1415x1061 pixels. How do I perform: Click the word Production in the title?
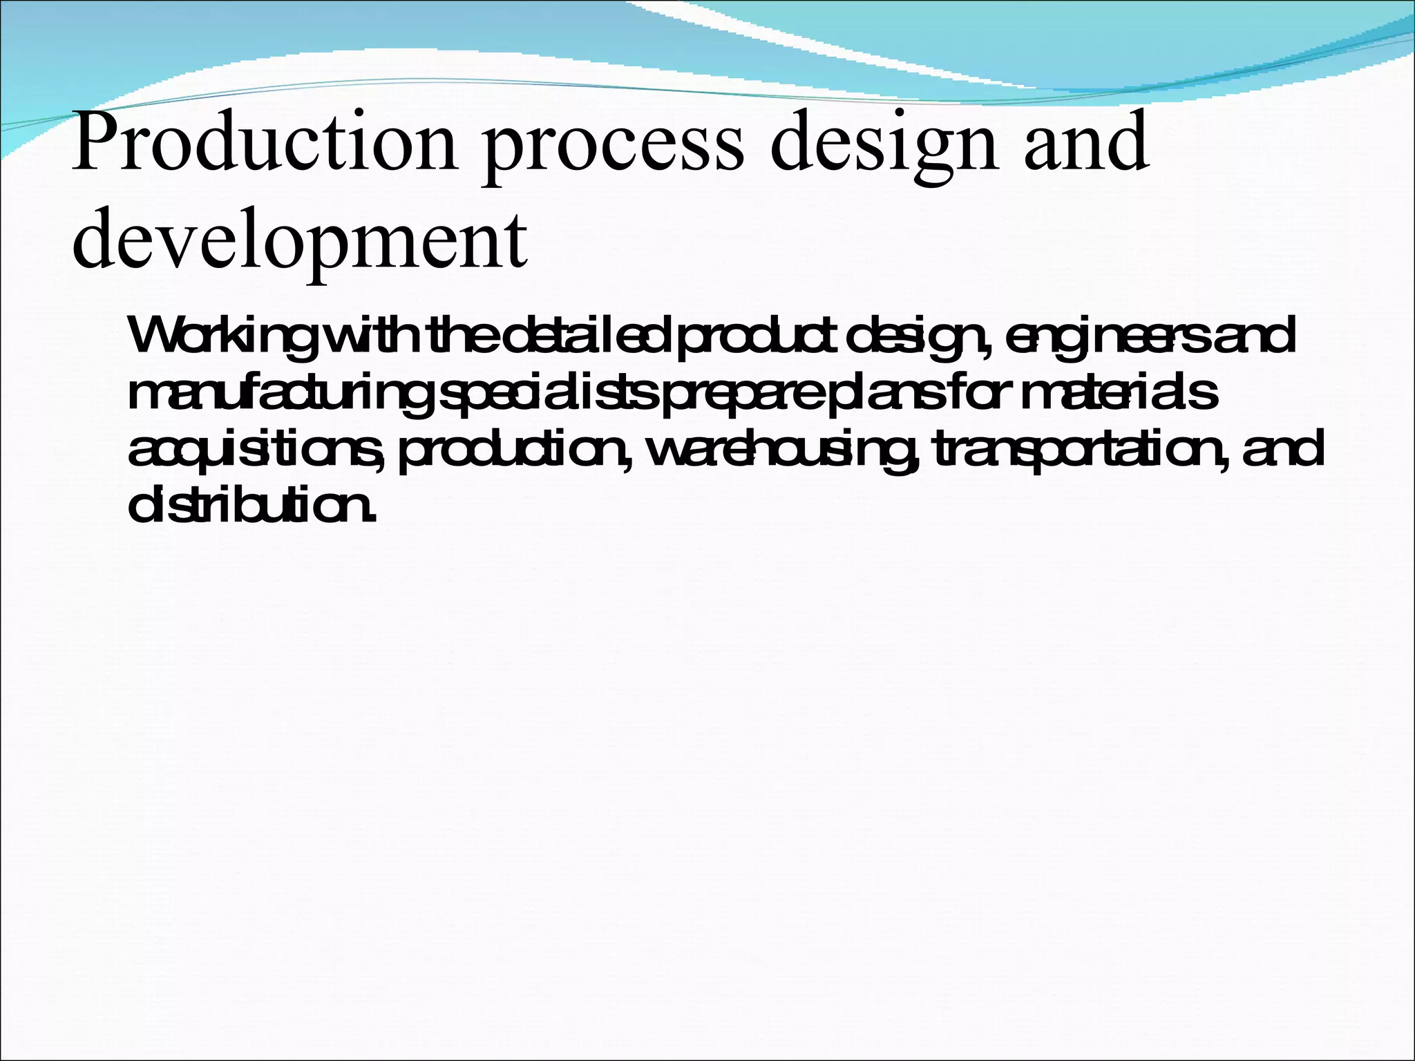(x=264, y=142)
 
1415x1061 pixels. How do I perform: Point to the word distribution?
(x=251, y=506)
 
